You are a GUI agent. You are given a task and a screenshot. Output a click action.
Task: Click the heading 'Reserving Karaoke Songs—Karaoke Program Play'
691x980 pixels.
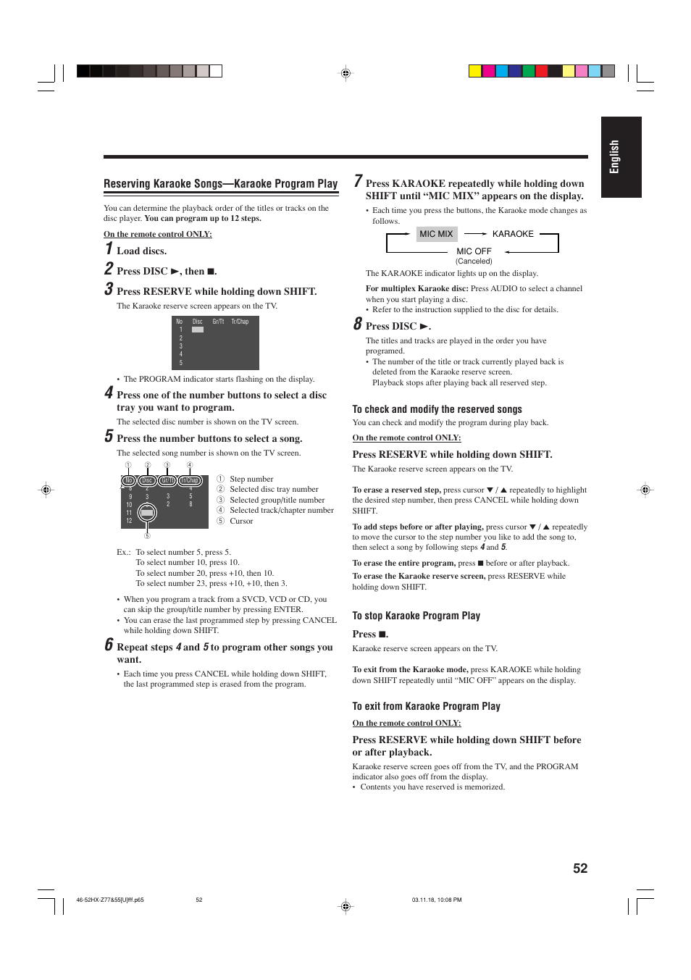point(220,184)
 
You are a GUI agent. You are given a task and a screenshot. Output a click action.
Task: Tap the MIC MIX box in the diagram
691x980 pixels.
point(436,234)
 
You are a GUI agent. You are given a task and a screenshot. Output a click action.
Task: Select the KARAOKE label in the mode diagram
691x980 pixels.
point(513,234)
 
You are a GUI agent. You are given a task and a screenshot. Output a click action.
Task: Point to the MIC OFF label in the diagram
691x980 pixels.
point(474,251)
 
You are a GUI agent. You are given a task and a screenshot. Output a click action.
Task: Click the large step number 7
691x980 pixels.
point(358,181)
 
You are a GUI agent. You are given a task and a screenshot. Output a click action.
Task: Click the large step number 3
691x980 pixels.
point(109,289)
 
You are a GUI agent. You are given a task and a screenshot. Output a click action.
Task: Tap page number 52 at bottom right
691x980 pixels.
point(580,868)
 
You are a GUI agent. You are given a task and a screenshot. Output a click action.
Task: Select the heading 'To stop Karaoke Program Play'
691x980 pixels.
point(416,616)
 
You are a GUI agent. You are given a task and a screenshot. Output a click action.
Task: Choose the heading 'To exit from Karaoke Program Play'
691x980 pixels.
point(426,706)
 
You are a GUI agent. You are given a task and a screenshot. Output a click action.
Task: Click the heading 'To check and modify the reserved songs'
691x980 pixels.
point(437,409)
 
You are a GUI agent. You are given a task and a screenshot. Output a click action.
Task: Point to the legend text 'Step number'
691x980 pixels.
point(251,479)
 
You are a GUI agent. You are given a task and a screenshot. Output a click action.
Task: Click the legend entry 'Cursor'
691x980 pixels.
point(241,521)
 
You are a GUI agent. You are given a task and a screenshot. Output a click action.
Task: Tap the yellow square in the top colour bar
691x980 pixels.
point(475,71)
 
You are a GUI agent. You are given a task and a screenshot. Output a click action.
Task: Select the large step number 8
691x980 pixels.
point(358,324)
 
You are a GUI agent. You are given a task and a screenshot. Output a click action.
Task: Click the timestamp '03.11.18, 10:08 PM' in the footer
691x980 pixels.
point(436,900)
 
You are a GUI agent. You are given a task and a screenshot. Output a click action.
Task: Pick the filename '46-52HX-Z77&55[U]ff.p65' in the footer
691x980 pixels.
point(110,900)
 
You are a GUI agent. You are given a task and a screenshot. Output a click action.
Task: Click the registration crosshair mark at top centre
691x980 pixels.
point(345,73)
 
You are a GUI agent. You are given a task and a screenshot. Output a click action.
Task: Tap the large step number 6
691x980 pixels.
point(109,645)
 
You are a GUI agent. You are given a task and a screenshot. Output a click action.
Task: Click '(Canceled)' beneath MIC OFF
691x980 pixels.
point(474,261)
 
